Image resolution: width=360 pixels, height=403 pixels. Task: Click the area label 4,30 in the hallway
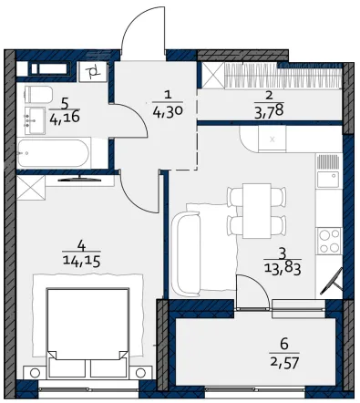[168, 112]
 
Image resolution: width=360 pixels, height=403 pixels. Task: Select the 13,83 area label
[283, 269]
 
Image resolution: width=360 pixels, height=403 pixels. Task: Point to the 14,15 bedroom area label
[81, 261]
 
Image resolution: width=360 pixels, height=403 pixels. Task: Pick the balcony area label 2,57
[284, 362]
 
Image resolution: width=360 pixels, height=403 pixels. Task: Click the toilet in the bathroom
[38, 94]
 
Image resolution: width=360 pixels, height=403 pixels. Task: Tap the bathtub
[54, 153]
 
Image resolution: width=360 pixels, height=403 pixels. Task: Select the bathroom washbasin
[35, 120]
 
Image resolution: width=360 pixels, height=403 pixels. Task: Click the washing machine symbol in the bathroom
[93, 72]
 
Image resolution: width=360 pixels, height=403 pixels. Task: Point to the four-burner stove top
[329, 241]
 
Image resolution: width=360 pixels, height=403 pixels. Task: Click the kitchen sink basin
[328, 180]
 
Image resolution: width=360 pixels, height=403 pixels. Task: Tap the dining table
[257, 211]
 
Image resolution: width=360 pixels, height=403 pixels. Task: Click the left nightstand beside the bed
[36, 372]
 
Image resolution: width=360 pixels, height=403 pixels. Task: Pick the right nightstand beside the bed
[140, 372]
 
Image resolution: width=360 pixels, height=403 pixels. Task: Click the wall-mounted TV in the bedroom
[79, 179]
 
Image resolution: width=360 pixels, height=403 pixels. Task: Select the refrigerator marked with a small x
[272, 139]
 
